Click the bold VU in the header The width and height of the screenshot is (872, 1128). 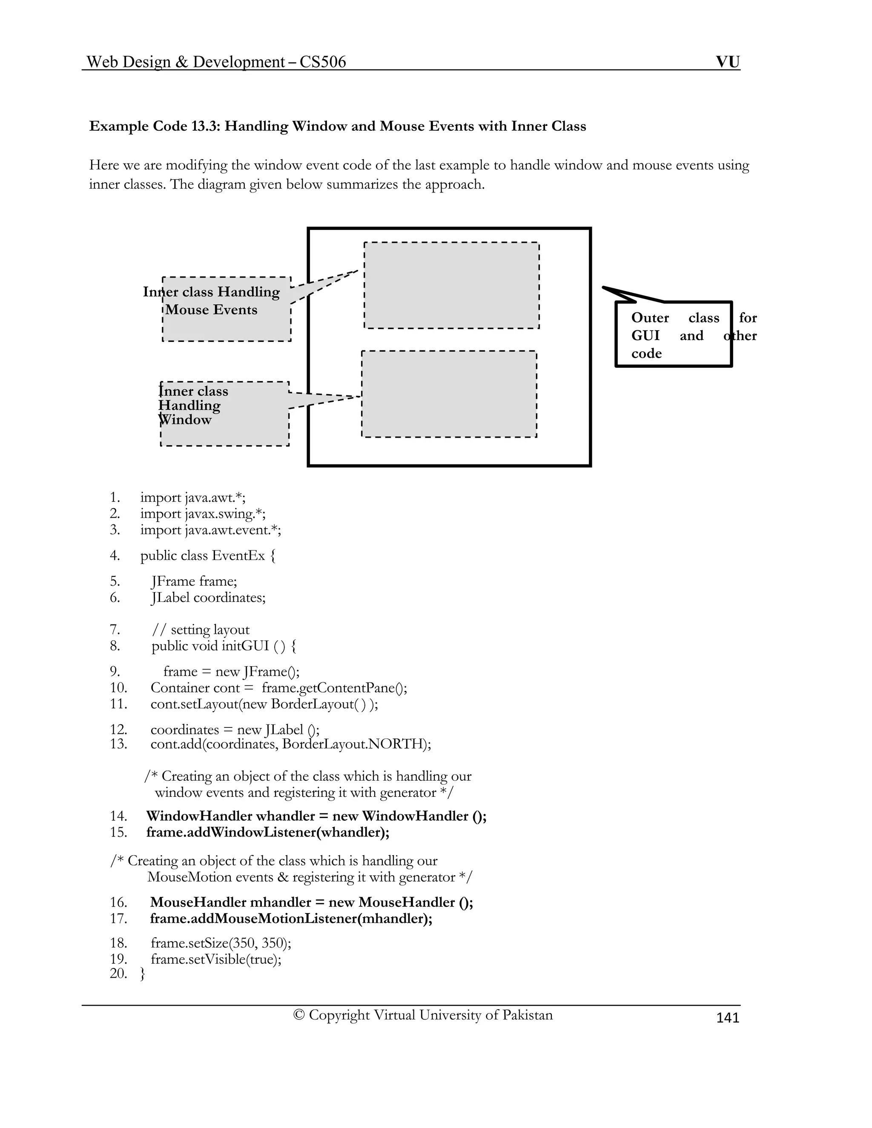pyautogui.click(x=727, y=62)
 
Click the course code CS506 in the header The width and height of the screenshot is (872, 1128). pyautogui.click(x=322, y=62)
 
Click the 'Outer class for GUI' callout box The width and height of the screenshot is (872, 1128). pyautogui.click(x=674, y=335)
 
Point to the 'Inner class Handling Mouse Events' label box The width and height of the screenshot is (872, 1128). pyautogui.click(x=226, y=309)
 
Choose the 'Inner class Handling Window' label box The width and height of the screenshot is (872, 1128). pyautogui.click(x=224, y=413)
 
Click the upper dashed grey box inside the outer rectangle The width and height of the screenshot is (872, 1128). pyautogui.click(x=451, y=285)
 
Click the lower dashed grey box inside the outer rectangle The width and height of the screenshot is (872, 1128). pyautogui.click(x=449, y=394)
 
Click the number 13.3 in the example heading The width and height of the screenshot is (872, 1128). pyautogui.click(x=205, y=126)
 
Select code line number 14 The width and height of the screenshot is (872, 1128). pyautogui.click(x=118, y=816)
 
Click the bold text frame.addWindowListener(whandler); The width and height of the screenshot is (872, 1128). pyautogui.click(x=267, y=832)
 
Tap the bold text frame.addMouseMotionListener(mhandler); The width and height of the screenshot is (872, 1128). pyautogui.click(x=291, y=918)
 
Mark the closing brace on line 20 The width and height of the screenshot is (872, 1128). pyautogui.click(x=143, y=973)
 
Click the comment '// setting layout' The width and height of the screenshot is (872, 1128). pyautogui.click(x=201, y=630)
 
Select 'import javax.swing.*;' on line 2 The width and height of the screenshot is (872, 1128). pyautogui.click(x=203, y=513)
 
